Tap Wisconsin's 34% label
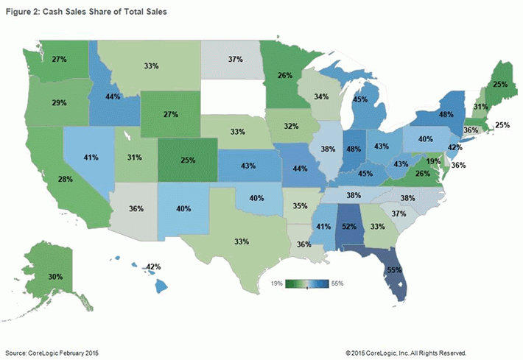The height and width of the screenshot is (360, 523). click(321, 96)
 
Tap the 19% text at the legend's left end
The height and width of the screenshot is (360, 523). click(277, 282)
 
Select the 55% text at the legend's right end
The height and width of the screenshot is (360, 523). click(338, 282)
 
